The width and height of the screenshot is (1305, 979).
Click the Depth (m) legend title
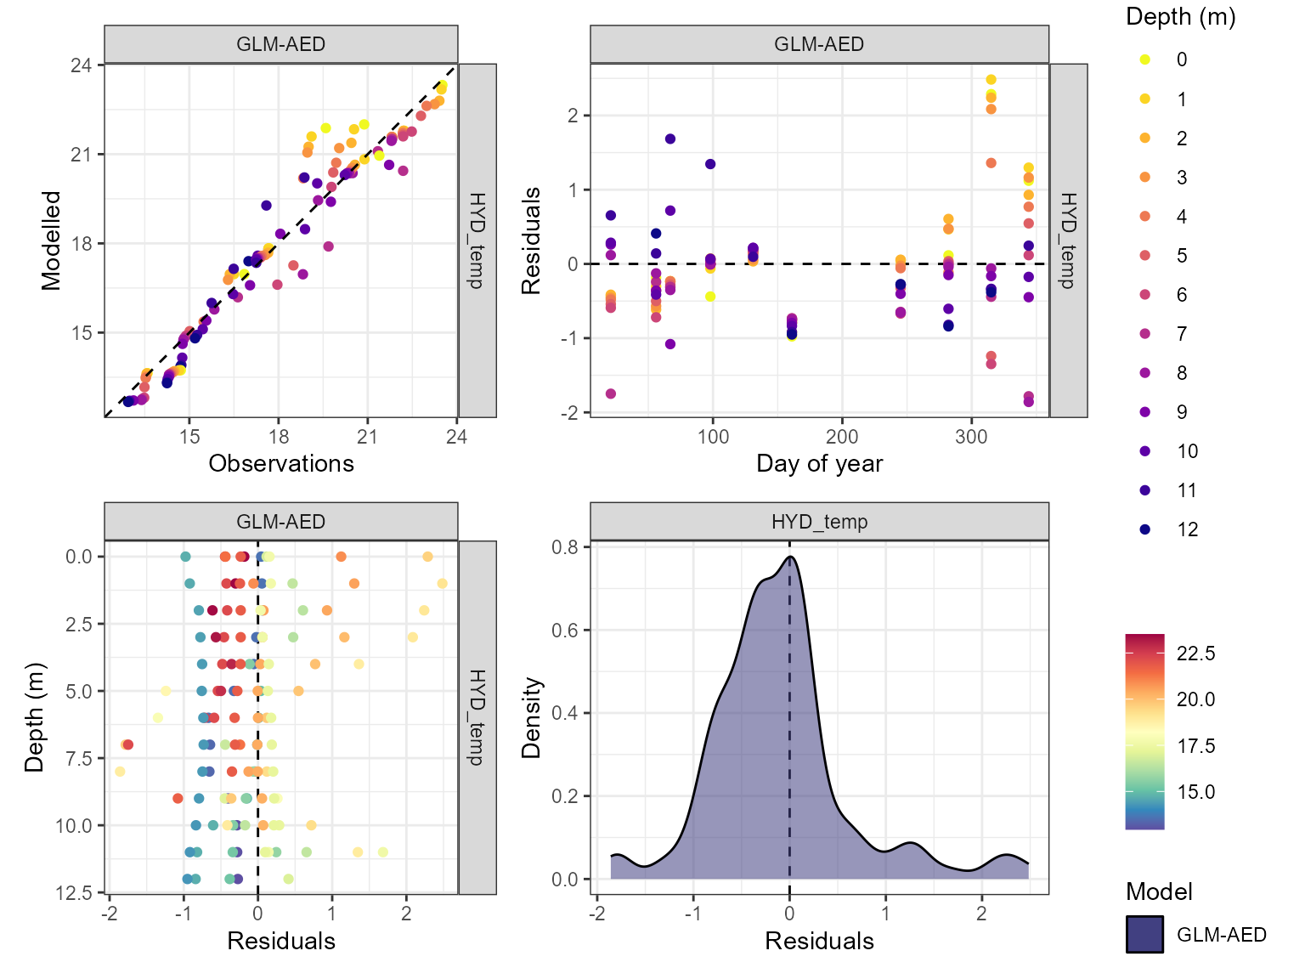coord(1180,17)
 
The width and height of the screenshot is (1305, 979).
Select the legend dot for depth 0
coord(1145,59)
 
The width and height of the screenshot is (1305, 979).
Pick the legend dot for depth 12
coord(1145,529)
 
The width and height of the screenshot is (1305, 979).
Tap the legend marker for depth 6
coord(1145,295)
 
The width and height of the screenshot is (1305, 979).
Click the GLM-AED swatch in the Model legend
coord(1144,934)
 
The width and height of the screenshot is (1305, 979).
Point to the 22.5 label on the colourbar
coord(1195,654)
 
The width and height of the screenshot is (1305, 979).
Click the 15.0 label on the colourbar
coord(1195,792)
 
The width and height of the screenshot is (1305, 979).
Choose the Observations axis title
coord(281,463)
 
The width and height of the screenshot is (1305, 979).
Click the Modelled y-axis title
coord(52,241)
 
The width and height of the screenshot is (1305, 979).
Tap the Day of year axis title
coord(819,463)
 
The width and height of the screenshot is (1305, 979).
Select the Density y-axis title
coord(532,717)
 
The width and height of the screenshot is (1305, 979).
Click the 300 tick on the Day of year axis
coord(971,437)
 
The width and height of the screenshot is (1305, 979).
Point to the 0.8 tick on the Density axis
coord(565,547)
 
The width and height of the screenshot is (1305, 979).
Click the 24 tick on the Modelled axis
coord(82,65)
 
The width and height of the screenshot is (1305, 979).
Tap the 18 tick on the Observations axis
coord(279,437)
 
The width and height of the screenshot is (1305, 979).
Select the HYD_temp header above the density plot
coord(819,522)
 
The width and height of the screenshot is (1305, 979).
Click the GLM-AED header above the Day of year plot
coord(819,44)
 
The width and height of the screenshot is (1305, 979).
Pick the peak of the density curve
coord(790,557)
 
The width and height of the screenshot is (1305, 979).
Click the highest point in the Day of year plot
coord(991,80)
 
